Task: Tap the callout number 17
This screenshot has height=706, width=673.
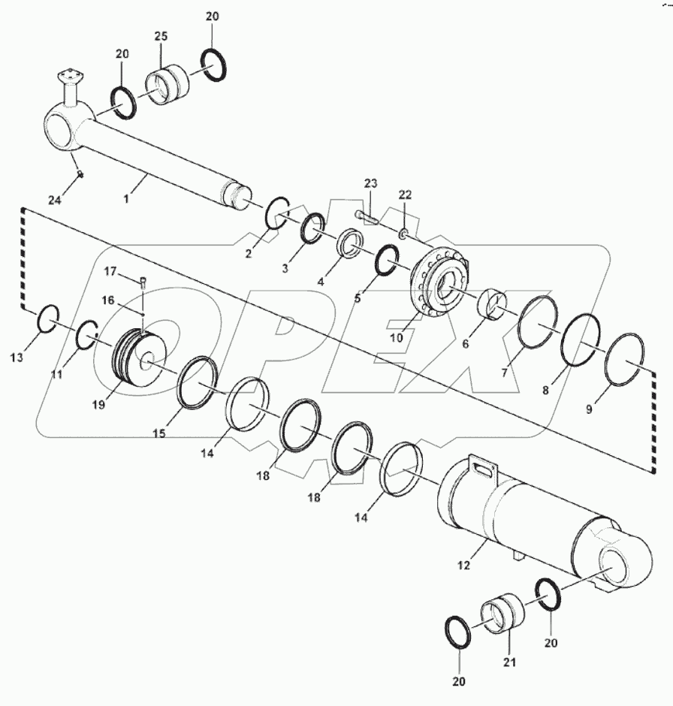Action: pyautogui.click(x=110, y=270)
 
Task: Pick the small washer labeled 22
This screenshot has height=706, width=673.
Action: pyautogui.click(x=403, y=234)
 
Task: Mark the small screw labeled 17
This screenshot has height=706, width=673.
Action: pyautogui.click(x=143, y=283)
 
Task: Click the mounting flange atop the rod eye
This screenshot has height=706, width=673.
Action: pyautogui.click(x=69, y=77)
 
